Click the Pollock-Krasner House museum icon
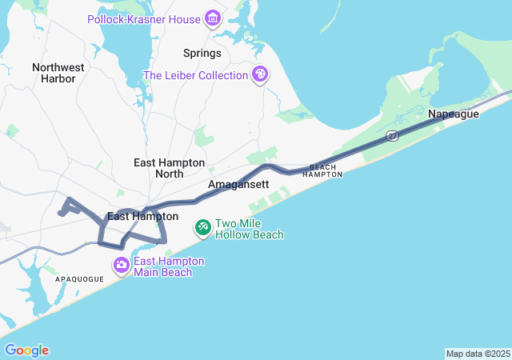pos(212,18)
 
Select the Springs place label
pos(202,54)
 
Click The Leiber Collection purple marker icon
pos(259,75)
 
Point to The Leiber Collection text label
pos(195,75)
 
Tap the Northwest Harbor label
pos(58,73)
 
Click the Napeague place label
pos(453,114)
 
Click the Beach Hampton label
pos(322,170)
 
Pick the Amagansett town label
pos(238,185)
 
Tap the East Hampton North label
pos(169,167)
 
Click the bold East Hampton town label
pos(142,216)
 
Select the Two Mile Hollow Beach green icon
pos(203,229)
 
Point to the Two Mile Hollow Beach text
pos(249,230)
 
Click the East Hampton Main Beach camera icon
pos(122,265)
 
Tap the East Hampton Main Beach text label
pos(168,266)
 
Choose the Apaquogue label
pos(79,279)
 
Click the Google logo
pos(26,350)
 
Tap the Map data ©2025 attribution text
pos(478,354)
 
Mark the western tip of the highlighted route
pos(60,213)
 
